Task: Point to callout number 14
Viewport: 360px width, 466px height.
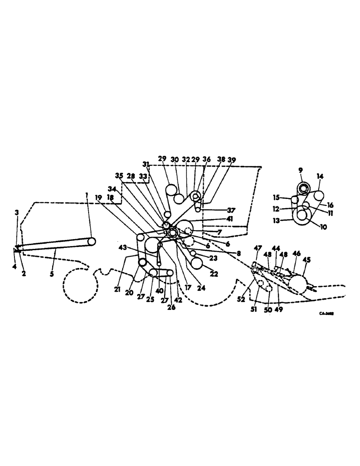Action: click(320, 177)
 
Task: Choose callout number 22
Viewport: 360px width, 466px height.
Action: click(214, 274)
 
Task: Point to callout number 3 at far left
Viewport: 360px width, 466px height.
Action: click(16, 212)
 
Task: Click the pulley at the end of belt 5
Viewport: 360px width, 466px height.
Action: click(91, 242)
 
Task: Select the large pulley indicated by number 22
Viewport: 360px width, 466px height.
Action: click(197, 263)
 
